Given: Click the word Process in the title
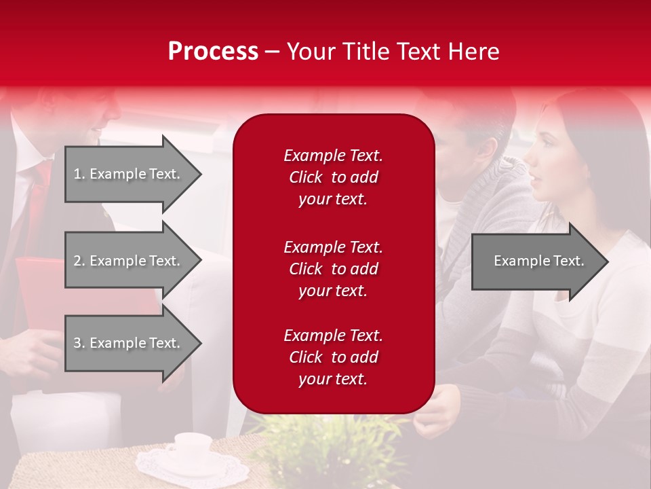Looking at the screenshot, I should coord(213,52).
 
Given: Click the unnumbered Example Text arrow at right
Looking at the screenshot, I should coord(538,261).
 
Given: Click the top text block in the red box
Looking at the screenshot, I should coord(333,177).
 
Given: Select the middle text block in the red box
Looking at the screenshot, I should coord(333,269).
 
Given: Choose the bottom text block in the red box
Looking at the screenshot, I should coord(333,357).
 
